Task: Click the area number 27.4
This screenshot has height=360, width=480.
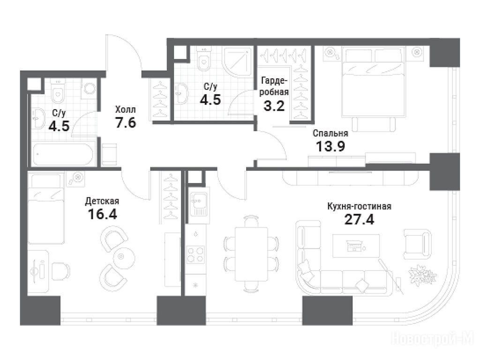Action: (x=359, y=219)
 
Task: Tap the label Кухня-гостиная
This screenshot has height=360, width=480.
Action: (x=359, y=206)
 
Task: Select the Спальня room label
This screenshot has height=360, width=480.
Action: (x=330, y=134)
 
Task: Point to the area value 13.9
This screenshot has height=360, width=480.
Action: (x=330, y=146)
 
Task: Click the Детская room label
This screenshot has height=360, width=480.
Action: (x=102, y=201)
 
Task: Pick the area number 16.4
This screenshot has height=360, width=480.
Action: (x=102, y=214)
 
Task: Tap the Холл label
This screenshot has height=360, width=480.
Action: (x=126, y=110)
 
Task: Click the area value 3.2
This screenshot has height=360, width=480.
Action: (x=274, y=105)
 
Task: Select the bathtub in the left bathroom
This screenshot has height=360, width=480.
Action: (x=63, y=154)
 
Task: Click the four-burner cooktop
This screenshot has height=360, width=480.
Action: (x=195, y=255)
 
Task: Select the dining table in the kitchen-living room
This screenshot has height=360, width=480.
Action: (x=251, y=254)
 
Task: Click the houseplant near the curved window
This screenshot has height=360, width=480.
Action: (x=423, y=275)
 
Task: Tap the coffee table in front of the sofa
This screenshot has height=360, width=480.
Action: (x=356, y=246)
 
